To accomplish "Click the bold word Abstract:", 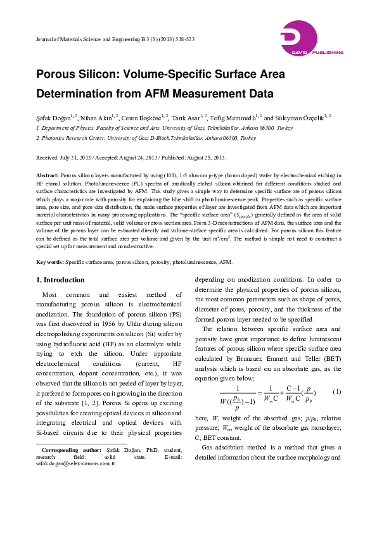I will pos(48,174).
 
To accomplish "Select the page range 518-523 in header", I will pos(183,40).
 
